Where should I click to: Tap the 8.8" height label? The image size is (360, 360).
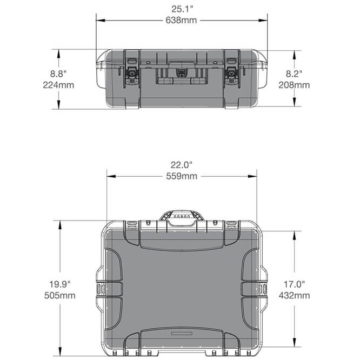59,74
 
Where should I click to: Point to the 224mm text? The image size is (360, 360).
59,85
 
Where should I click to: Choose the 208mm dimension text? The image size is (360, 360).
295,85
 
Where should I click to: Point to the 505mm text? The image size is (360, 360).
61,295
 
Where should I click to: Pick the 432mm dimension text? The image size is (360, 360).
295,295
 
